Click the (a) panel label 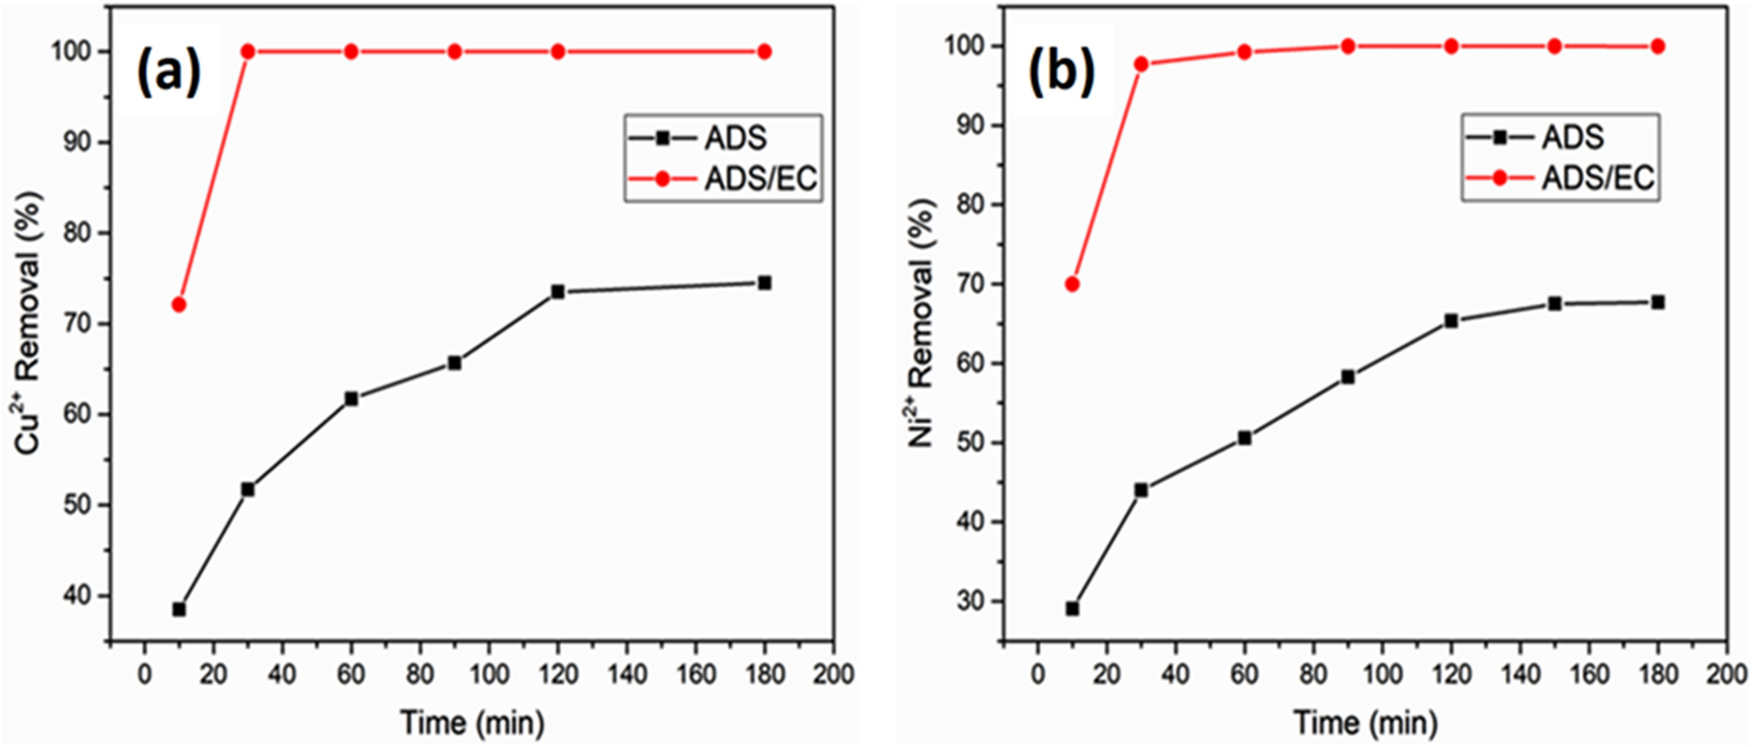coord(168,72)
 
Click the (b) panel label coord(1062,71)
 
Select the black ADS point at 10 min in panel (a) coord(179,609)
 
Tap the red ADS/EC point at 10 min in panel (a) coord(179,304)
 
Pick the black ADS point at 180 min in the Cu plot coord(764,283)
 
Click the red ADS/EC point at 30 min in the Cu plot coord(248,51)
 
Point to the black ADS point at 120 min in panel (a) coord(558,292)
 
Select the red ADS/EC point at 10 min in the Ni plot coord(1072,284)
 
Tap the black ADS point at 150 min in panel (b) coord(1554,304)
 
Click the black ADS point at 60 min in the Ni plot coord(1244,438)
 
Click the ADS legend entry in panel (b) coord(1560,138)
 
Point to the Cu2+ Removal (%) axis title coord(29,324)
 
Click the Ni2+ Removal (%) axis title coord(921,324)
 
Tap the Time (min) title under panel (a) coord(472,723)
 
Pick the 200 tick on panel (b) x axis coord(1726,674)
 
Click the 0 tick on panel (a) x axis coord(145,674)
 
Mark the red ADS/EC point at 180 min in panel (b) coord(1658,46)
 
